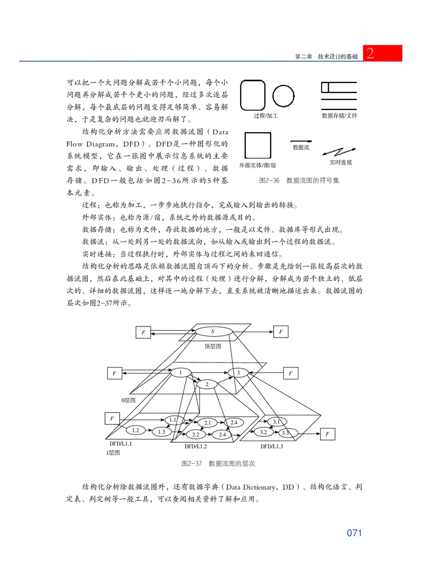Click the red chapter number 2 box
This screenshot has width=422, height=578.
point(382,53)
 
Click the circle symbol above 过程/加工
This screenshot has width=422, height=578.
point(284,97)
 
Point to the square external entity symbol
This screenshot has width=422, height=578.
point(258,145)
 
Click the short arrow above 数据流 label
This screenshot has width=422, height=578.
point(301,142)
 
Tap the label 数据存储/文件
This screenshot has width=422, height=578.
point(340,115)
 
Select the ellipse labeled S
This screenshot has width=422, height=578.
point(213,332)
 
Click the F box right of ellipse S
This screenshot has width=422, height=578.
point(281,332)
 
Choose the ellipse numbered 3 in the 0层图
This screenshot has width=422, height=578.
point(238,373)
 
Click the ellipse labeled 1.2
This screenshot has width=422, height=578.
point(136,430)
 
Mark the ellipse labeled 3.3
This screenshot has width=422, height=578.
point(285,433)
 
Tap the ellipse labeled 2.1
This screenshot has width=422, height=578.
point(207,423)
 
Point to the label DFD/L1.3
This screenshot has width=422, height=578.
point(272,446)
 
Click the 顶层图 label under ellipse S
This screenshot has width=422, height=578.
point(213,347)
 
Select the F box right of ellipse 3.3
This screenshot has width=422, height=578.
point(328,434)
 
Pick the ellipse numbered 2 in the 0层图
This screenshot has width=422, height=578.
point(207,384)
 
